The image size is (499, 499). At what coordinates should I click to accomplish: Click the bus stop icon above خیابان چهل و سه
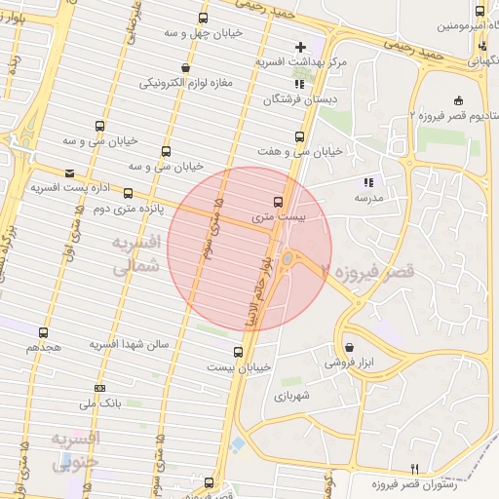pyautogui.click(x=203, y=18)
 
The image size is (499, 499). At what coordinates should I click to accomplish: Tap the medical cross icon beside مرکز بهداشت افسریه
pyautogui.click(x=299, y=46)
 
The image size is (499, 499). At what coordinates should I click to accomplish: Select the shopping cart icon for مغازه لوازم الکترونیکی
pyautogui.click(x=185, y=67)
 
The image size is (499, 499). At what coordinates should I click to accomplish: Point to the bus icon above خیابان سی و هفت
pyautogui.click(x=299, y=136)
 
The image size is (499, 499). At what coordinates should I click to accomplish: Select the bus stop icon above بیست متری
pyautogui.click(x=279, y=202)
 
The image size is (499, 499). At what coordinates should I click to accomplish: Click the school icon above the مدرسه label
pyautogui.click(x=368, y=181)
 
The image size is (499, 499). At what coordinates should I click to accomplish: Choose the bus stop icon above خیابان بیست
pyautogui.click(x=239, y=352)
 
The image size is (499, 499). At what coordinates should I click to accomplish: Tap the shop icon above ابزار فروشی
pyautogui.click(x=350, y=347)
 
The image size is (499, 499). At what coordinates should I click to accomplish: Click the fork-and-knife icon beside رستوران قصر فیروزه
pyautogui.click(x=414, y=469)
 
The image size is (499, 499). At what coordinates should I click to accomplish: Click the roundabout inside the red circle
pyautogui.click(x=289, y=258)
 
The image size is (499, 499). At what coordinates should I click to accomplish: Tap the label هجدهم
pyautogui.click(x=44, y=346)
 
